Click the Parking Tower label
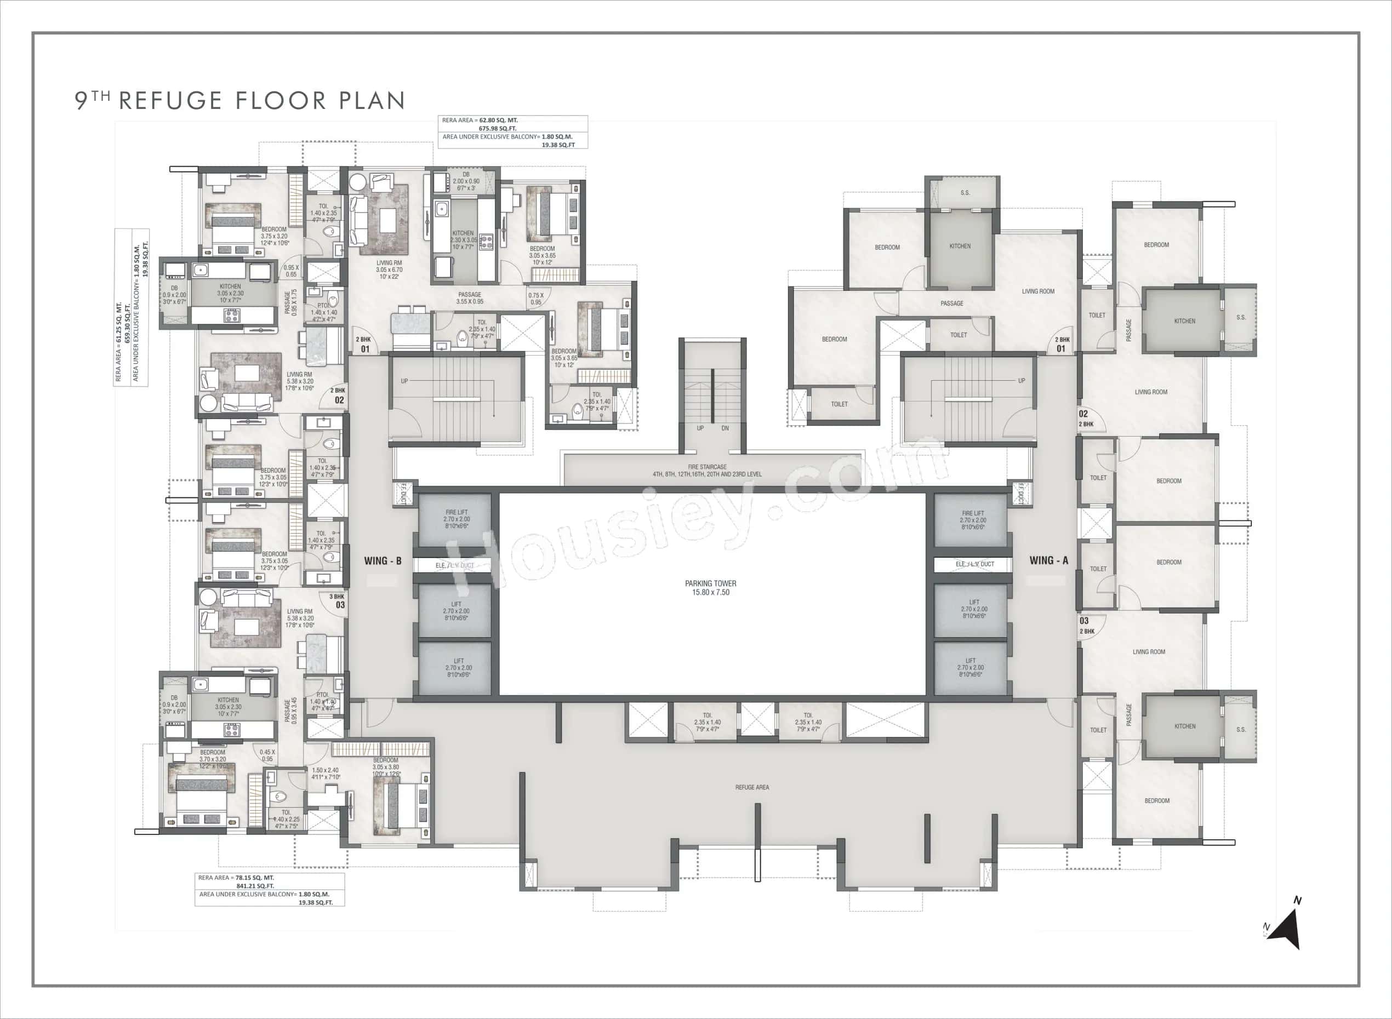click(x=710, y=587)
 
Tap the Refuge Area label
click(x=751, y=787)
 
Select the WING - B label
click(x=383, y=560)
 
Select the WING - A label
click(x=1048, y=560)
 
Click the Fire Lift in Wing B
click(x=456, y=519)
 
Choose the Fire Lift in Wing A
click(x=972, y=519)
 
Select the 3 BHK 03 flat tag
click(x=338, y=602)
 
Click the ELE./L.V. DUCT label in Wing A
click(x=974, y=564)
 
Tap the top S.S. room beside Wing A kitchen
click(x=965, y=193)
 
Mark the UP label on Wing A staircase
click(x=1021, y=381)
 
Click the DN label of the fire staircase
click(x=725, y=428)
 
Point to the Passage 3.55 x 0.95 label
click(x=470, y=298)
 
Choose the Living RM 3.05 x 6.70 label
click(x=389, y=269)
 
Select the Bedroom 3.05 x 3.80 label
click(x=386, y=767)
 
